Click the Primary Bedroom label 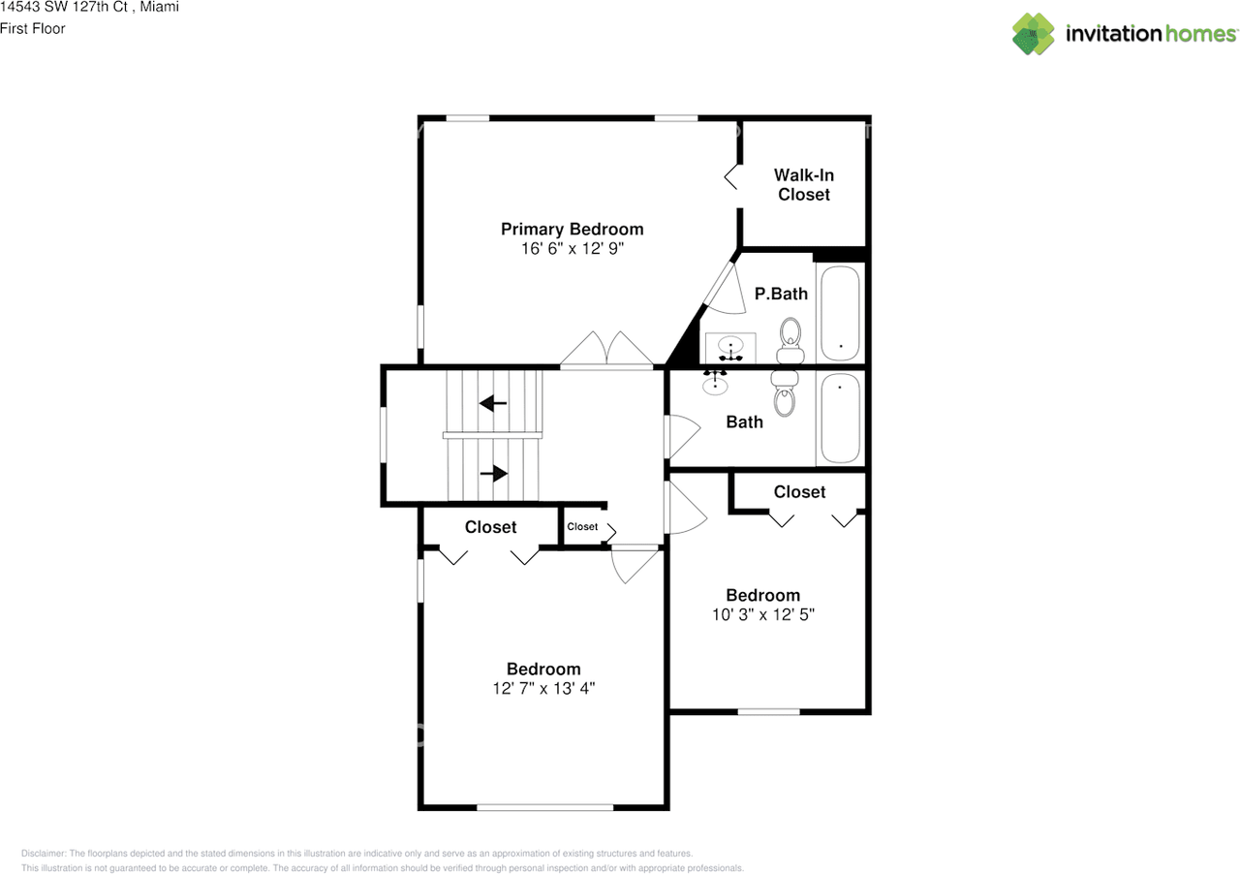click(572, 229)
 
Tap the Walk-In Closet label click(803, 184)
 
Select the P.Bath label click(781, 294)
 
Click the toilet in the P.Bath click(791, 340)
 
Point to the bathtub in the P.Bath click(839, 311)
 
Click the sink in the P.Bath click(730, 346)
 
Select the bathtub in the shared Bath click(839, 419)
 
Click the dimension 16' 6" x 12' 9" click(572, 248)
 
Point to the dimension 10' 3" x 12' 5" click(763, 614)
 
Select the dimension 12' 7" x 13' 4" click(543, 688)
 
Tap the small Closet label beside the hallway click(582, 527)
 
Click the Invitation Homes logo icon click(1034, 34)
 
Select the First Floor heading click(33, 29)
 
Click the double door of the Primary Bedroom click(606, 351)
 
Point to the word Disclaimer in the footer click(44, 854)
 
